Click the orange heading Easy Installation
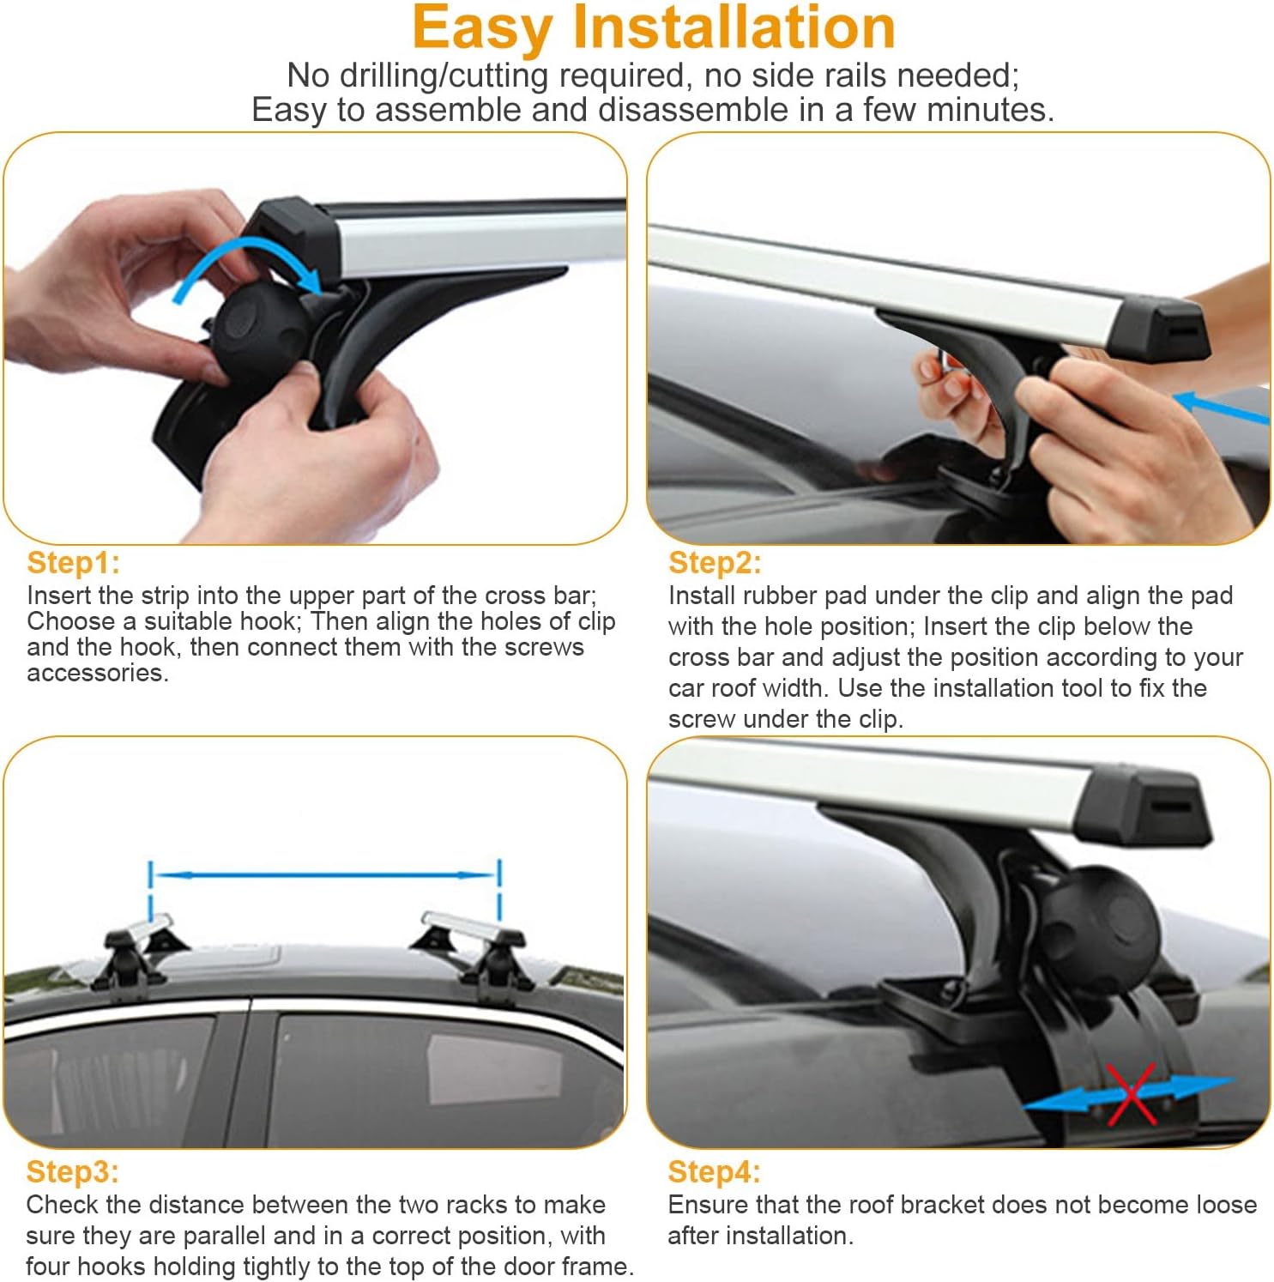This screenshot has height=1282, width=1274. (654, 27)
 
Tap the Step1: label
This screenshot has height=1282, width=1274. (73, 563)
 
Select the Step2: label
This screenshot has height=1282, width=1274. (715, 563)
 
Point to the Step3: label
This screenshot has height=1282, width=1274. (73, 1172)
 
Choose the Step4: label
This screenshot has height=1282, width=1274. (715, 1172)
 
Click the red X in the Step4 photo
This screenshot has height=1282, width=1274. (1131, 1094)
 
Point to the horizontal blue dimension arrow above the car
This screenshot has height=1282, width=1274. (324, 875)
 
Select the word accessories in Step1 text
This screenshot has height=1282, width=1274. (98, 674)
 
